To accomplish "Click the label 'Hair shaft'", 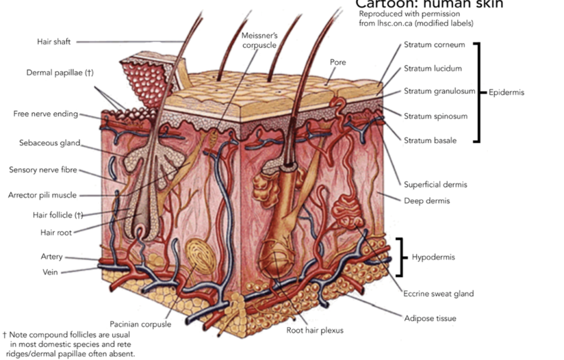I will click(x=53, y=42).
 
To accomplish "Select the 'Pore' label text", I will click(x=337, y=62).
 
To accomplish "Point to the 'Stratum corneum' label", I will click(x=434, y=45).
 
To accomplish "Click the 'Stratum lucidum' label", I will click(x=433, y=68).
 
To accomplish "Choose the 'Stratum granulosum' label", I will click(x=439, y=91).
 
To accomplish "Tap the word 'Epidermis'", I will click(x=507, y=92).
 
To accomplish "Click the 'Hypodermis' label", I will click(x=433, y=257).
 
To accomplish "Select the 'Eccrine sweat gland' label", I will click(x=438, y=294).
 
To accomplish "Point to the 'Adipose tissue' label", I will click(x=430, y=318).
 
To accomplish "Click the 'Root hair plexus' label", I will click(x=315, y=331).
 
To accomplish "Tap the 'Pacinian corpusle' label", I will click(x=140, y=324).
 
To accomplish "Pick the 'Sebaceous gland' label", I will click(x=50, y=143).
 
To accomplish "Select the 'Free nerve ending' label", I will click(x=45, y=114).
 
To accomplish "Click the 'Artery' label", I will click(x=51, y=257).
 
